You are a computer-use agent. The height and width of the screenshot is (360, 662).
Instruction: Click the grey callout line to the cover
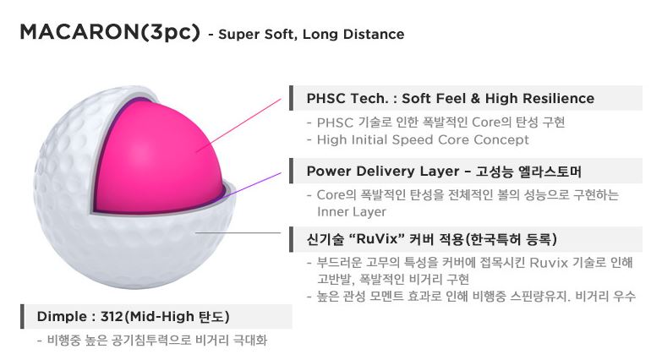245,232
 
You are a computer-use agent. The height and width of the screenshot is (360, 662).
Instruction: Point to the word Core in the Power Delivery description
331,194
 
